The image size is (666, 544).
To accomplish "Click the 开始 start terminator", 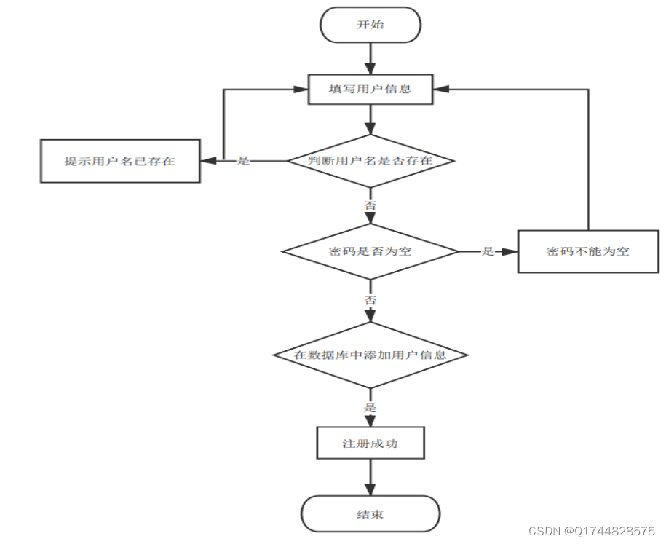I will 370,25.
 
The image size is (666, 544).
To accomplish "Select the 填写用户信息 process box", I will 370,90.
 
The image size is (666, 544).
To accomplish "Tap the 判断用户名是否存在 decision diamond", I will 370,160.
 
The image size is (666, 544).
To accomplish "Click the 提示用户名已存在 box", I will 120,161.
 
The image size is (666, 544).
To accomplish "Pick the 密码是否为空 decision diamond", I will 370,251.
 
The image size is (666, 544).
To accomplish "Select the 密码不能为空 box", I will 588,251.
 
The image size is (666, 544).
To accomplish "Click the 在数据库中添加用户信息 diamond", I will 370,355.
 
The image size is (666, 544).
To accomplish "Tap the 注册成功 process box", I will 370,443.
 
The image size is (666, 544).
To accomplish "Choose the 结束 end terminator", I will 370,514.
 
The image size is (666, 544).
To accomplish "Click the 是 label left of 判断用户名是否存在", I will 244,161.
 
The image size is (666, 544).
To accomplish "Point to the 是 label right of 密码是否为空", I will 488,251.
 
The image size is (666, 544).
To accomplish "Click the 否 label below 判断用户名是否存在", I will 370,206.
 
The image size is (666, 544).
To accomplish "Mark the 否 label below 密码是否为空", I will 370,299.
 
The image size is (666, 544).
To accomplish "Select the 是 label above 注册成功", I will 370,408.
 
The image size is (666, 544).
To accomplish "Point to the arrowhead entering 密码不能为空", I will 511,251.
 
